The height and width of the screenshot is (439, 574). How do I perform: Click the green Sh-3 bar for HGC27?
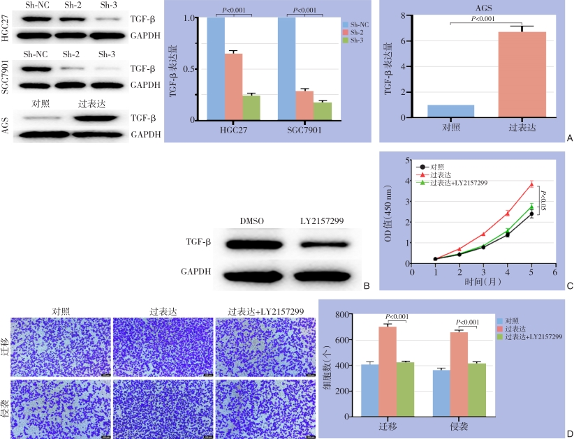[251, 107]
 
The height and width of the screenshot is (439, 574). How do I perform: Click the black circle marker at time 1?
[436, 259]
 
